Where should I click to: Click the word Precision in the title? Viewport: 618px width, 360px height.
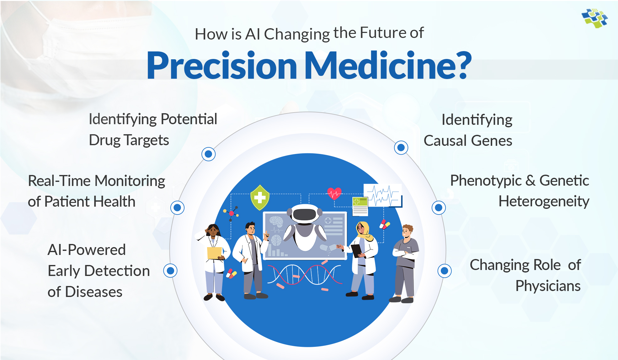(x=221, y=66)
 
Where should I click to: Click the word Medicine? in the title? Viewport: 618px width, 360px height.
(x=388, y=66)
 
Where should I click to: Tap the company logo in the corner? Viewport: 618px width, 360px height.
(x=594, y=18)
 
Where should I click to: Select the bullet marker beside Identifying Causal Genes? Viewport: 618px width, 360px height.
(x=401, y=147)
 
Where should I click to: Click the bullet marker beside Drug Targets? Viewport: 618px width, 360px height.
(x=208, y=154)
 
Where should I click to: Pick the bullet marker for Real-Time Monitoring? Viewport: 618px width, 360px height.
(x=177, y=208)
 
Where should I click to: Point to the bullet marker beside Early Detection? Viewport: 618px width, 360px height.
(x=170, y=271)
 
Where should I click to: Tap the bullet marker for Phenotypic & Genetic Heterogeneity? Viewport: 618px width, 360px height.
(x=439, y=208)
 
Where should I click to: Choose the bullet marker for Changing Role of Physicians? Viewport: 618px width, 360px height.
(x=445, y=271)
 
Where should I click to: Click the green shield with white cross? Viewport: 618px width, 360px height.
(x=260, y=198)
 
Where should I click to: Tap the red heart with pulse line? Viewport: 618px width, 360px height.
(x=334, y=193)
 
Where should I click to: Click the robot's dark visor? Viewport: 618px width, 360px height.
(x=304, y=214)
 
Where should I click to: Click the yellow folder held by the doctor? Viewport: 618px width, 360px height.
(x=215, y=253)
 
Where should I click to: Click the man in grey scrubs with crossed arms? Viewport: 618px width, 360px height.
(x=405, y=260)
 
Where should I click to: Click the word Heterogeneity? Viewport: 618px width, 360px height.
(x=544, y=201)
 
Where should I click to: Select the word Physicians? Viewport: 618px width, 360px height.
(x=548, y=286)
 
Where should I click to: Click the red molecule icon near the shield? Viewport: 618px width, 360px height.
(x=232, y=213)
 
